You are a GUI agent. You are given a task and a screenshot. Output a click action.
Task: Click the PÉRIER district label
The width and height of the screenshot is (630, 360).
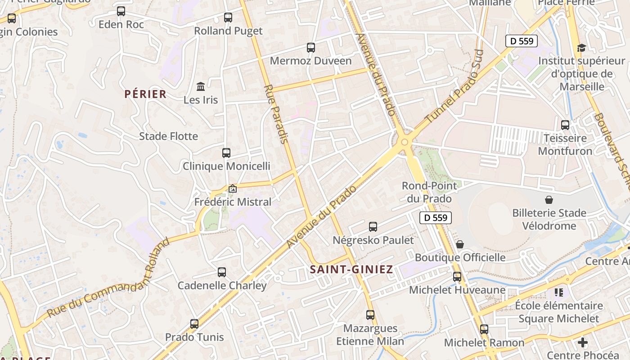(145, 94)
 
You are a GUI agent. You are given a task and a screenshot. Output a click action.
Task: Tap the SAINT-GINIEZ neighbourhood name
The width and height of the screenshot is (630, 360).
(351, 270)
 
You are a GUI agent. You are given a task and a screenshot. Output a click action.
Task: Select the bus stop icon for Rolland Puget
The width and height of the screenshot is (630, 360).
(228, 18)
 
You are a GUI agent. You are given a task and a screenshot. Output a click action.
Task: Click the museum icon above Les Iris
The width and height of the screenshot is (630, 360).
(201, 86)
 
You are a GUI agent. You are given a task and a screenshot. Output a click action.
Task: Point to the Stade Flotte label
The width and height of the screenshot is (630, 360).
(168, 136)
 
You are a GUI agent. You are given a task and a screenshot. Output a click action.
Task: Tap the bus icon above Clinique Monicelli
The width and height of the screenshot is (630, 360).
(226, 153)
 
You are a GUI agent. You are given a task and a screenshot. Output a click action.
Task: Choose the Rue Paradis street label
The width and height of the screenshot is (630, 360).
(275, 114)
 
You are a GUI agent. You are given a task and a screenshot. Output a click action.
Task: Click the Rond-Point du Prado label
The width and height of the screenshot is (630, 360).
(429, 192)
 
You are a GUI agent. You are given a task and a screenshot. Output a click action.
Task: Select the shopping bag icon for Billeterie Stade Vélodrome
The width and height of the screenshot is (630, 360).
(549, 200)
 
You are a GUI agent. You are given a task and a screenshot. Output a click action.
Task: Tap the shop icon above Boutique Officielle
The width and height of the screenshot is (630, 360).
(460, 244)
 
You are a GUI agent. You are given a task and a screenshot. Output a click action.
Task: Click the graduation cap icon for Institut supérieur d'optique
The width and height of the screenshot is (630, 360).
(581, 48)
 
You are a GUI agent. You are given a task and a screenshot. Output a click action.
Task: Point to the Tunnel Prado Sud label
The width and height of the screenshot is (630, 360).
(454, 87)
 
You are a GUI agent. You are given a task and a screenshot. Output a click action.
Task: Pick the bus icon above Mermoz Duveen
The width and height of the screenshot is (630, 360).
(310, 47)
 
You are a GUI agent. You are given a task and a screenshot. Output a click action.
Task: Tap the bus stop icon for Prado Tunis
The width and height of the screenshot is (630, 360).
(194, 324)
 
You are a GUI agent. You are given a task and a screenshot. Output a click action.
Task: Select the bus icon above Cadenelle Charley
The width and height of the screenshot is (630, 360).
(222, 272)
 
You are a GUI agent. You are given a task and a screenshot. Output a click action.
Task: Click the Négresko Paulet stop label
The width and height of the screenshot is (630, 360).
(373, 240)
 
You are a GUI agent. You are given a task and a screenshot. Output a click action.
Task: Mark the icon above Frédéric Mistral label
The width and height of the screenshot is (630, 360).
(233, 189)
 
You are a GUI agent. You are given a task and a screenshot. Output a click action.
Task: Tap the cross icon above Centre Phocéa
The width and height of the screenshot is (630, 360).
(583, 342)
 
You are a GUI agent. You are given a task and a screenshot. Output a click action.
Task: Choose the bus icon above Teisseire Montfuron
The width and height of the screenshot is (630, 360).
(565, 125)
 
